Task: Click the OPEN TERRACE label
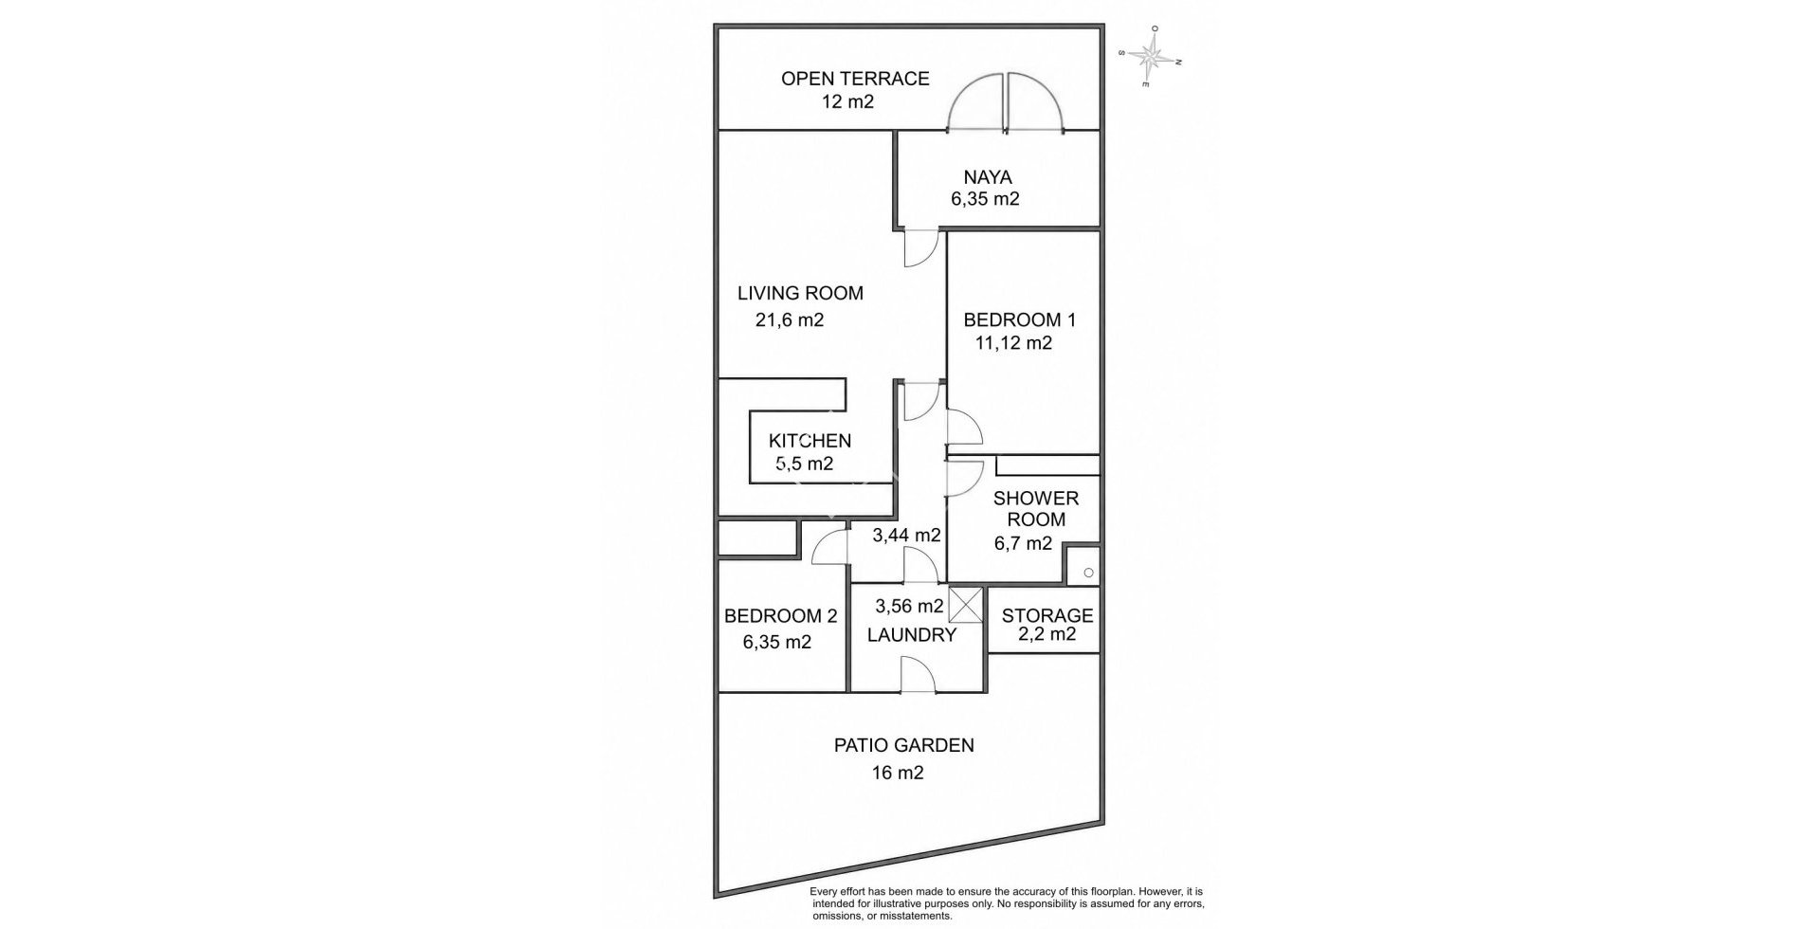[855, 79]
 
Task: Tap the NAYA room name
[988, 177]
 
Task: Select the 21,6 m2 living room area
[790, 320]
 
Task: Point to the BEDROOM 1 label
[1019, 319]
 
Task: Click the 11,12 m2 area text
[1013, 343]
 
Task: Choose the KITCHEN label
[810, 441]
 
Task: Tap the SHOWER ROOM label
[1036, 509]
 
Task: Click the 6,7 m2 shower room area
[1023, 544]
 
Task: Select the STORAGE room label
[1047, 616]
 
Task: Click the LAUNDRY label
[912, 635]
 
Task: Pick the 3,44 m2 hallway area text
[906, 535]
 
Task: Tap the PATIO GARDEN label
[903, 745]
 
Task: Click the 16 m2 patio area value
[898, 773]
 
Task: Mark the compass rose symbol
[1151, 56]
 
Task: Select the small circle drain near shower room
[1088, 573]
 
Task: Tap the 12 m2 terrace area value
[847, 101]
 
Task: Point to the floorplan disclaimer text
[1006, 904]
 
